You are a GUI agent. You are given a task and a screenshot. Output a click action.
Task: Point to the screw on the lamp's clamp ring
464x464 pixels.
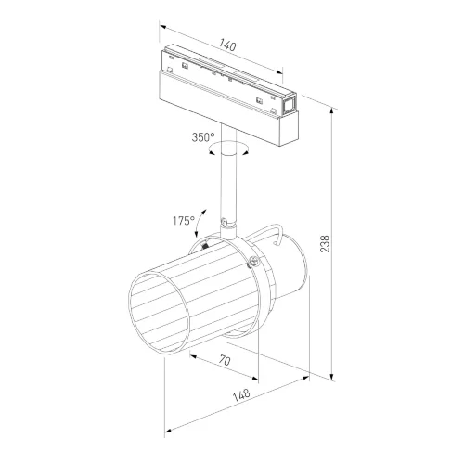[x=251, y=263]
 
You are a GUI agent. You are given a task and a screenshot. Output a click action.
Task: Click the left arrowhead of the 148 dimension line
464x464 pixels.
[x=167, y=432]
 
